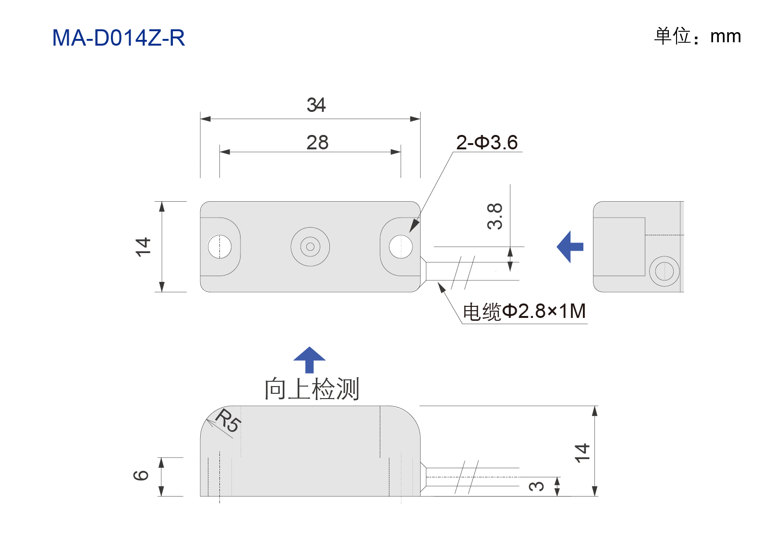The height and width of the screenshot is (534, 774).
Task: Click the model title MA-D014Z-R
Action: click(119, 37)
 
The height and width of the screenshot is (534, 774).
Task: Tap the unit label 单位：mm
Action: click(697, 36)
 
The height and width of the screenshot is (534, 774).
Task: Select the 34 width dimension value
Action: click(316, 105)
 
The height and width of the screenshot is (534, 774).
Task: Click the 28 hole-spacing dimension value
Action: click(317, 143)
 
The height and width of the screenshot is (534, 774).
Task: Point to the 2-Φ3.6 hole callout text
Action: click(487, 143)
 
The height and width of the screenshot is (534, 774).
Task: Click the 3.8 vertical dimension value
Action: click(495, 217)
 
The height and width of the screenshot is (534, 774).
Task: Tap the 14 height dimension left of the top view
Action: click(143, 247)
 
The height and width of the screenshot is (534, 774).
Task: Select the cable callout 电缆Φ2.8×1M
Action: click(524, 311)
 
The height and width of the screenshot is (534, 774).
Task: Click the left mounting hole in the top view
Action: click(219, 247)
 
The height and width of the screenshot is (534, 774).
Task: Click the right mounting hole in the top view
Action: click(401, 247)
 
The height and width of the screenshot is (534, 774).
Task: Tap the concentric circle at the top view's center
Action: click(310, 247)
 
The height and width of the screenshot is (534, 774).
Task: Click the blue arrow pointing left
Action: click(570, 247)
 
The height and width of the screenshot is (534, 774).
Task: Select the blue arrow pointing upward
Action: click(309, 360)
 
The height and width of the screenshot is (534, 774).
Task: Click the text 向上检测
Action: click(312, 389)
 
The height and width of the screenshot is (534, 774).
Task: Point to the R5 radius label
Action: click(229, 420)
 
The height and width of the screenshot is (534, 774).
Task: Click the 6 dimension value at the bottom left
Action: click(141, 475)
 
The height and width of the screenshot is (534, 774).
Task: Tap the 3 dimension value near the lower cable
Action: click(536, 486)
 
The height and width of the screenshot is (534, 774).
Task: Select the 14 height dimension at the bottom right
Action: click(582, 453)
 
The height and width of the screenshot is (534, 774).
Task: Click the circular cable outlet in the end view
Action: click(665, 271)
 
